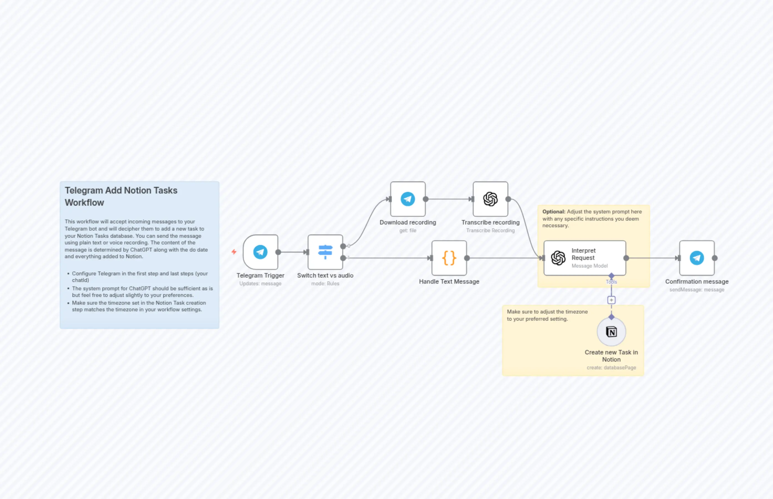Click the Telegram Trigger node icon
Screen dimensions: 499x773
(x=260, y=252)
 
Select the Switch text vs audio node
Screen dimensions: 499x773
(x=325, y=252)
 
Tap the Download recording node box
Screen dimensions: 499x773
(x=408, y=199)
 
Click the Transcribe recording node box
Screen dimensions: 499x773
(x=490, y=199)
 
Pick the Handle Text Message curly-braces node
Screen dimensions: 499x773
(x=449, y=258)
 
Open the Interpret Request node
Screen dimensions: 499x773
(x=585, y=258)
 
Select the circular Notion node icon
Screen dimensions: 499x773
(x=611, y=332)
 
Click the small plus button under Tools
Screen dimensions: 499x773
(x=611, y=300)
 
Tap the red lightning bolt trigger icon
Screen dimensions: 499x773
(x=234, y=252)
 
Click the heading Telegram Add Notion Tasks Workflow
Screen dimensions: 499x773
(x=121, y=196)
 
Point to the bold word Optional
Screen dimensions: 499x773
(x=554, y=211)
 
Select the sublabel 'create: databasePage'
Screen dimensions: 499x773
(x=611, y=367)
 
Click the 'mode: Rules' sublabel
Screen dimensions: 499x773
(x=325, y=284)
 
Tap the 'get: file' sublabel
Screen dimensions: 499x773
(x=408, y=230)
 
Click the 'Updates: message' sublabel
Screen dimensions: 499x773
(x=260, y=284)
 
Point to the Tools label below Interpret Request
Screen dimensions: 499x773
(x=611, y=282)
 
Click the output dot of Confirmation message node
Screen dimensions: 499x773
(x=715, y=258)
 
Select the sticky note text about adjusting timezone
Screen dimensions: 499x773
(x=547, y=315)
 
